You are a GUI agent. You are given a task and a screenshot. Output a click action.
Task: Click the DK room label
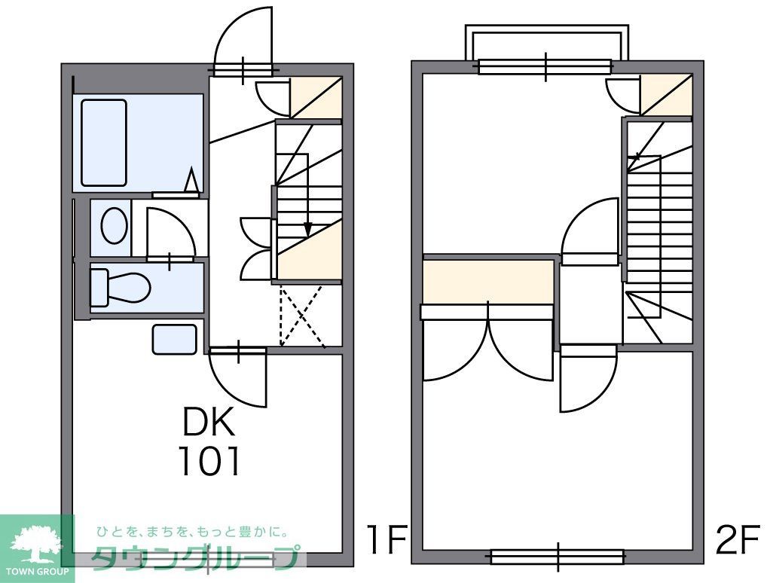pyautogui.click(x=209, y=421)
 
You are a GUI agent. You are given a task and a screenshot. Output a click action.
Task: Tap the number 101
pyautogui.click(x=210, y=461)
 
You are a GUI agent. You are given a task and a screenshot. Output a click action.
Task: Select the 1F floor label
pyautogui.click(x=387, y=539)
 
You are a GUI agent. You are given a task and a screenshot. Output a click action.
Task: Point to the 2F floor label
pyautogui.click(x=738, y=539)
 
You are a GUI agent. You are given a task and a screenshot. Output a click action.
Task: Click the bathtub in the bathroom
pyautogui.click(x=104, y=143)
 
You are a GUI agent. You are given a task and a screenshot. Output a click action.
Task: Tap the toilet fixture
pyautogui.click(x=121, y=286)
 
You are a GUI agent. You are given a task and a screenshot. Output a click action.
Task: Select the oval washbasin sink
pyautogui.click(x=114, y=225)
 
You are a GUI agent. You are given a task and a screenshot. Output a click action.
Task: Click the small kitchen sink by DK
pyautogui.click(x=175, y=339)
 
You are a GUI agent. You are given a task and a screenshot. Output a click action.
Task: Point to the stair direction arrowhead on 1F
pyautogui.click(x=307, y=230)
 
